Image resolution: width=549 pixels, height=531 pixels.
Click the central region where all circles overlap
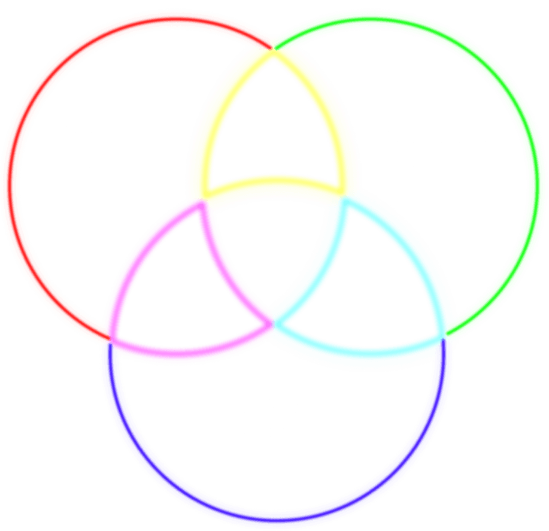[x=273, y=251]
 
